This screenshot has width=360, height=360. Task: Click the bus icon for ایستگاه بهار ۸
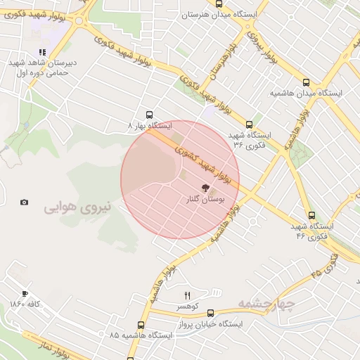tap(149, 115)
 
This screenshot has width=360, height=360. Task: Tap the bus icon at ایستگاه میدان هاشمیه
tap(306, 82)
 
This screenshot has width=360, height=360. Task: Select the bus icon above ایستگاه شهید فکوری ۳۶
tap(249, 124)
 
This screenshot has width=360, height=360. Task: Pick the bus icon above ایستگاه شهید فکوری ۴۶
tap(311, 216)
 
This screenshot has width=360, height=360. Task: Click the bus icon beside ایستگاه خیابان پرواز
tap(210, 313)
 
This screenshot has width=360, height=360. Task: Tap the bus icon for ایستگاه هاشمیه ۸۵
tap(141, 325)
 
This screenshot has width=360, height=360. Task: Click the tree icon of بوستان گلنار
tap(205, 188)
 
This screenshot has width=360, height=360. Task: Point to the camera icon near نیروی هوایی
tap(25, 202)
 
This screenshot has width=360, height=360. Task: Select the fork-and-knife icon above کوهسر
tap(187, 295)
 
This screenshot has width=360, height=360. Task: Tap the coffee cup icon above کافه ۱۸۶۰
tap(25, 293)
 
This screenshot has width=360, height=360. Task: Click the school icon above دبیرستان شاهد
tap(42, 52)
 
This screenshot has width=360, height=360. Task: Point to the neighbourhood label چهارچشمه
tap(264, 302)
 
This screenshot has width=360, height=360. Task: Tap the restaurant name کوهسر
tap(188, 307)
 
